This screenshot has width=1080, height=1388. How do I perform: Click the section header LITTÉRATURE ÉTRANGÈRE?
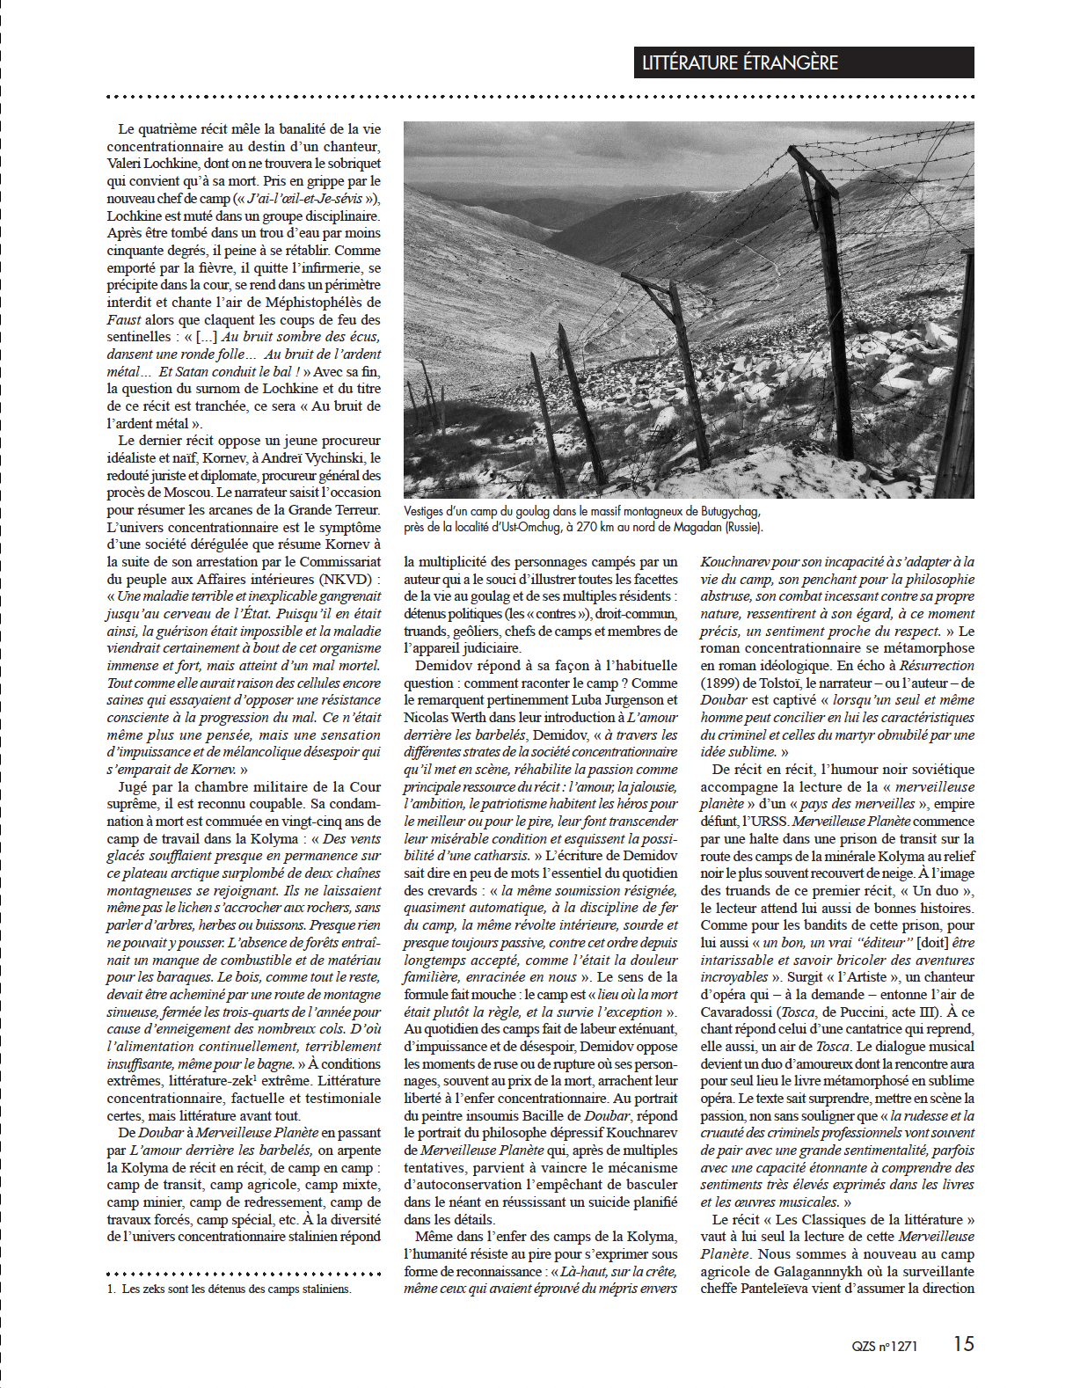coord(740,63)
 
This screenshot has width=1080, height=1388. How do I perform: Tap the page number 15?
coord(964,1343)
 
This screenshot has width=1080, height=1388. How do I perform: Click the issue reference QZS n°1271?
coord(884,1346)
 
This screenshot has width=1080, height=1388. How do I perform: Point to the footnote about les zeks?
coord(236,1289)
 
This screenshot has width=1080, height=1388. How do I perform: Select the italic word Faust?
coord(124,320)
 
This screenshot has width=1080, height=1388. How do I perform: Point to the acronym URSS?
coord(767,822)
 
